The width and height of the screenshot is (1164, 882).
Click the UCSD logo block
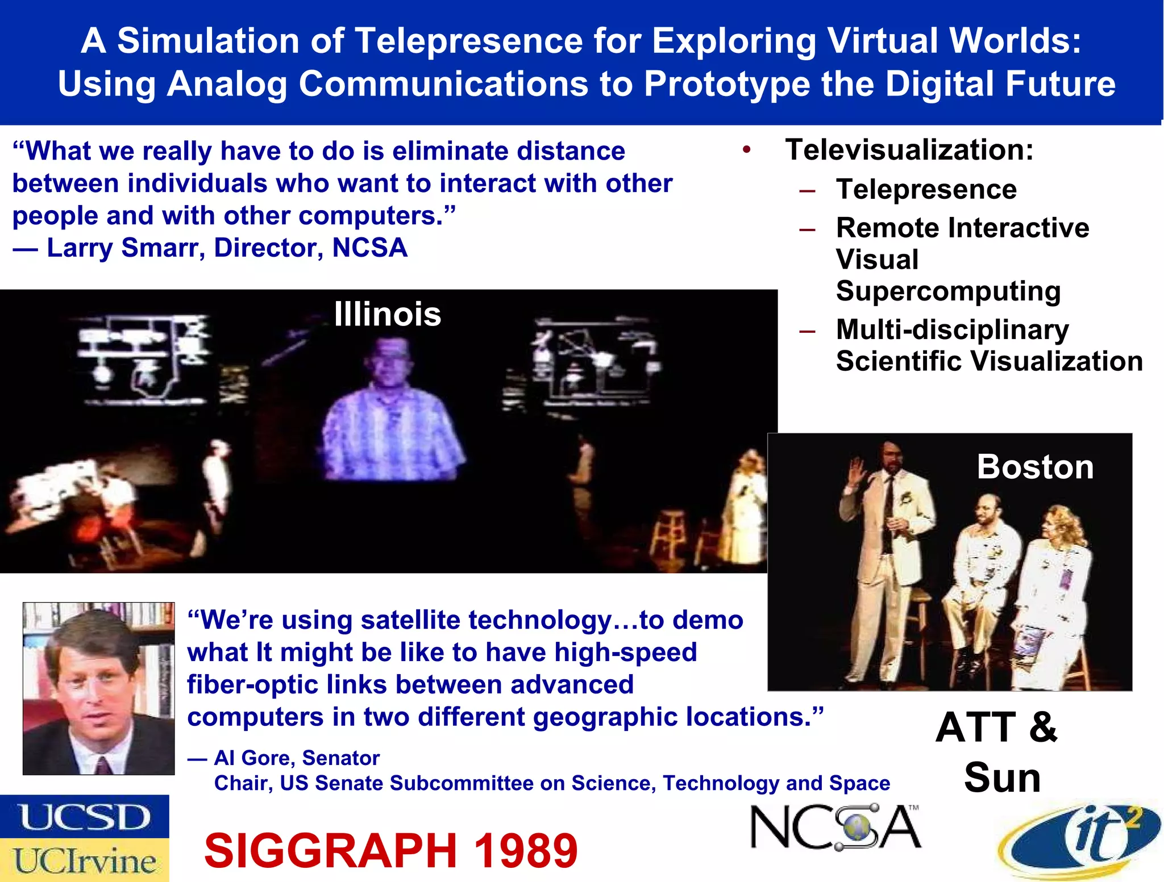[84, 817]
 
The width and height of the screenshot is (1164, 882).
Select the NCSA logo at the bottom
[835, 827]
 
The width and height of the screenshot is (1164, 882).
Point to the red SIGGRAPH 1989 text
[390, 850]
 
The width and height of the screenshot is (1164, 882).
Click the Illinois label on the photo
[387, 314]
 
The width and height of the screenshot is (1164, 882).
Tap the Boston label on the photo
[1035, 467]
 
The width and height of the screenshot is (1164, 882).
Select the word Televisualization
[908, 150]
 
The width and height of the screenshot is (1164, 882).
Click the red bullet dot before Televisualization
[746, 150]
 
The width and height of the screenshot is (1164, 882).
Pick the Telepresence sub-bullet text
[926, 189]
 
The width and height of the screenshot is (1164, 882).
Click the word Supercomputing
[948, 291]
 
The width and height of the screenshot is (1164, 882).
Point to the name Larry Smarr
[122, 248]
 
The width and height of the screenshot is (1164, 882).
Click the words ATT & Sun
[997, 751]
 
